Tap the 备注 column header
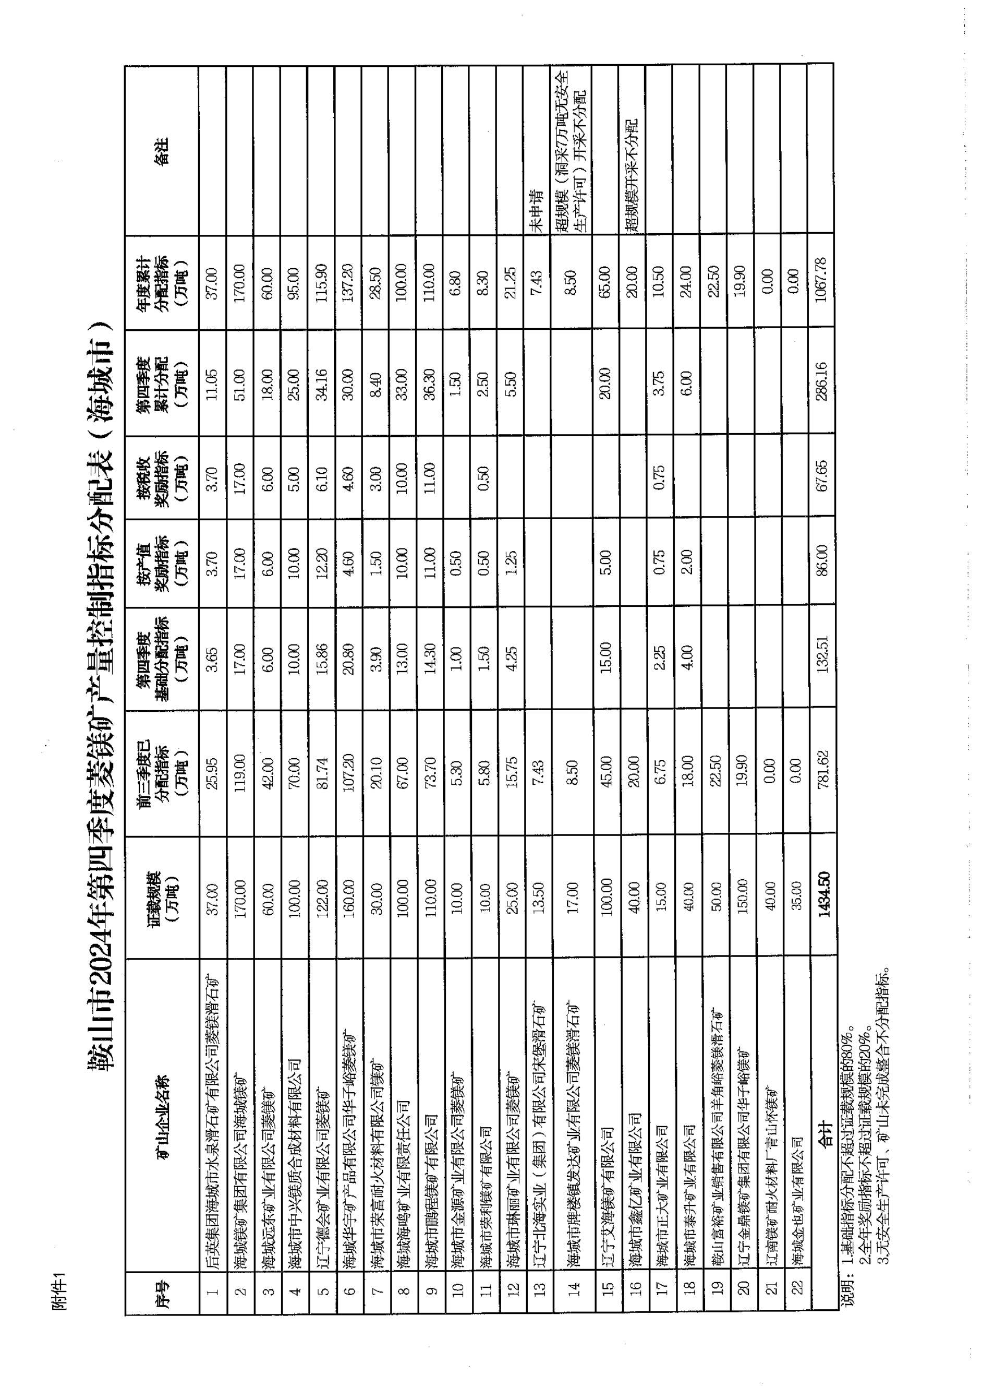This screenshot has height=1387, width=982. [x=162, y=151]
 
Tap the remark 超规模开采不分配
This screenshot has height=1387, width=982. [x=633, y=175]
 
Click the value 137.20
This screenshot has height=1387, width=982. [x=349, y=281]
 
